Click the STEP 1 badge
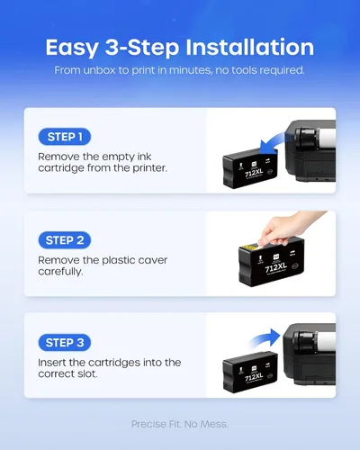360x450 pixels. pos(65,137)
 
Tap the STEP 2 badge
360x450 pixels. pos(65,240)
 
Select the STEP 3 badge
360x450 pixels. pos(65,343)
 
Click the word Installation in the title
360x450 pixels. pos(249,48)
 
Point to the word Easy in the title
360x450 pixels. pos(72,49)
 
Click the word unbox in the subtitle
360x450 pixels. pos(99,70)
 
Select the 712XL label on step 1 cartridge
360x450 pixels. pos(254,173)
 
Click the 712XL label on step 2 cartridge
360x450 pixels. pos(275,267)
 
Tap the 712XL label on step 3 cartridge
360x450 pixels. pos(254,377)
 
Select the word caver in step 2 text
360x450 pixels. pos(152,260)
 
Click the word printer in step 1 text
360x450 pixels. pos(149,168)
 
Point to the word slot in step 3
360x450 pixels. pos(88,374)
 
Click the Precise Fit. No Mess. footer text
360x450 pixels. pos(179,424)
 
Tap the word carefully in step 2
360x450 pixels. pos(60,272)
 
